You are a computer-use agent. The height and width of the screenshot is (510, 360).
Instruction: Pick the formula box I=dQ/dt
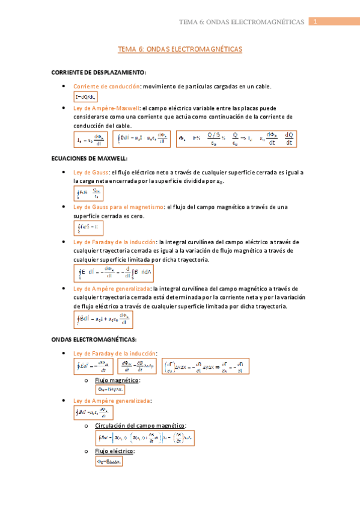(85, 97)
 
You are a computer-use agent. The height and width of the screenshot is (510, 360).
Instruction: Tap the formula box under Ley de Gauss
(88, 193)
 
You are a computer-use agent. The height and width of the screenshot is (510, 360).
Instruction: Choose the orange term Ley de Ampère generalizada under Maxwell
(112, 289)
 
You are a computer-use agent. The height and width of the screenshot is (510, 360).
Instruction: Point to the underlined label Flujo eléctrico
(115, 450)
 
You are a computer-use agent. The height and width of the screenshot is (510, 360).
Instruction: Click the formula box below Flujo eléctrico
(109, 462)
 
